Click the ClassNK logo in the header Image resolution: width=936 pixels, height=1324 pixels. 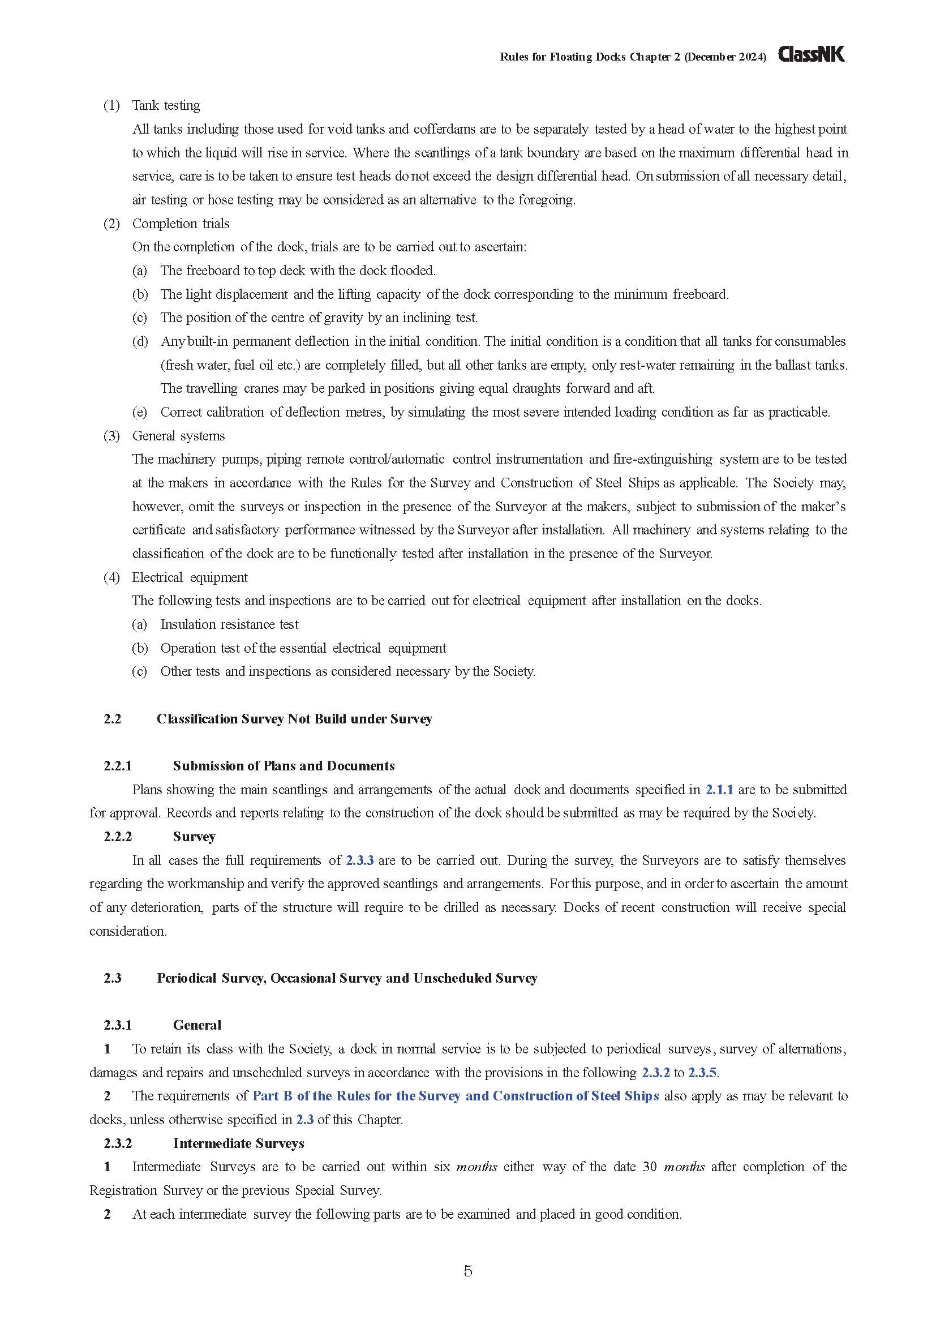click(x=811, y=55)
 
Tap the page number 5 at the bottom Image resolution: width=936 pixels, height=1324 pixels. click(x=467, y=1271)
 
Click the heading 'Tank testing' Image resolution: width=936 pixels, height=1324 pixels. click(x=166, y=105)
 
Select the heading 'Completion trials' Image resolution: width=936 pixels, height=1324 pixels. click(x=181, y=224)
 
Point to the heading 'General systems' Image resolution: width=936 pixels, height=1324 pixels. click(x=178, y=436)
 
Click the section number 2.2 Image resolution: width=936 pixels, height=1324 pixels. click(x=113, y=719)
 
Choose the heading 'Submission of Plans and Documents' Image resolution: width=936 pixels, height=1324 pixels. click(x=284, y=766)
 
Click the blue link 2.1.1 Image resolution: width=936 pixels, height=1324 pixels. click(x=719, y=790)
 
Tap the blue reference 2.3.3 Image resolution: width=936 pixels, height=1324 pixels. click(x=360, y=860)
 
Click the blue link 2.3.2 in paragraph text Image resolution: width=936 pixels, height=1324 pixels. click(x=656, y=1073)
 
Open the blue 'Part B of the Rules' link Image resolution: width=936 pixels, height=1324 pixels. click(x=456, y=1096)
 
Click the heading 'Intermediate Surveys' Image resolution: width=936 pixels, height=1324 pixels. click(x=239, y=1143)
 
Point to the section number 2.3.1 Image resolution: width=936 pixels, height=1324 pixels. click(x=118, y=1025)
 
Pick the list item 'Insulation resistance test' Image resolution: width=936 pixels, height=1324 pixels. click(x=229, y=624)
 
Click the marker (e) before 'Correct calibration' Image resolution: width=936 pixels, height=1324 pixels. click(x=139, y=412)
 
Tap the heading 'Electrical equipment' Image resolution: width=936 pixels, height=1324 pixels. click(x=190, y=577)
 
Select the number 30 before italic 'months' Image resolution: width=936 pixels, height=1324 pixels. click(x=650, y=1167)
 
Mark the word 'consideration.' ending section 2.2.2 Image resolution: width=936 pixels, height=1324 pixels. click(x=128, y=931)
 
